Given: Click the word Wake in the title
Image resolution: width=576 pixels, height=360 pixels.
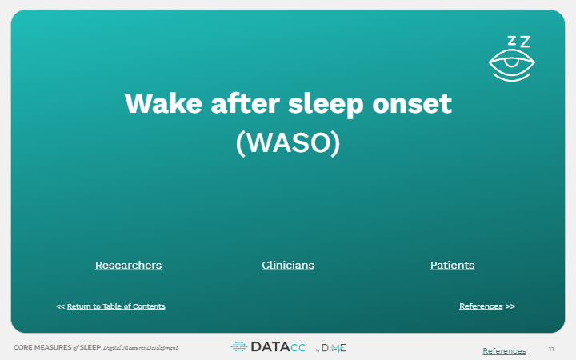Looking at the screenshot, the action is point(163,103).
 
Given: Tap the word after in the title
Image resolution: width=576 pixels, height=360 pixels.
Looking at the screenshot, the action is point(246,103).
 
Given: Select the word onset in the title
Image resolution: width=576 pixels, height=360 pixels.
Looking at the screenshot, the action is point(412,104).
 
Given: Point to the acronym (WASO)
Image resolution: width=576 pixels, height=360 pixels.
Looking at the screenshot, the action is point(288,143).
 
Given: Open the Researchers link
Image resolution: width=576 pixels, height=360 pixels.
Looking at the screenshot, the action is point(128,266).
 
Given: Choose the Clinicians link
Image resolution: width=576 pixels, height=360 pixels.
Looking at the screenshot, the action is point(288,266).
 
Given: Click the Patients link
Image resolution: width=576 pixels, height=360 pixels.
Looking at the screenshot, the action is point(452,266).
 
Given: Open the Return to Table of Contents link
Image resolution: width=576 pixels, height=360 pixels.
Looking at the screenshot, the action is point(116,306).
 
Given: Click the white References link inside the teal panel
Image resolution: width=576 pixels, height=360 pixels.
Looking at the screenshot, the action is point(481,306).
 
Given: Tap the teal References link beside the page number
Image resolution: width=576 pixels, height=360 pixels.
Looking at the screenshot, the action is point(504,351).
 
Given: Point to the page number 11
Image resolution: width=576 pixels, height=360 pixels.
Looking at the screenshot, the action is point(551,350).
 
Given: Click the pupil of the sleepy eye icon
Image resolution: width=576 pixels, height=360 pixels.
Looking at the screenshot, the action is point(511,63).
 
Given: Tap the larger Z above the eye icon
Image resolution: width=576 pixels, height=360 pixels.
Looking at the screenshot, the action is point(526,42).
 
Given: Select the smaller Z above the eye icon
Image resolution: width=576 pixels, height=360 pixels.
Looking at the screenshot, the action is point(512,41).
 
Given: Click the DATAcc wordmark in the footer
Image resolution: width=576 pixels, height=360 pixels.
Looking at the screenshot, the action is point(278,347).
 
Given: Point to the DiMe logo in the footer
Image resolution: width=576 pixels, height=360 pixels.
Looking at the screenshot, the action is point(334,348).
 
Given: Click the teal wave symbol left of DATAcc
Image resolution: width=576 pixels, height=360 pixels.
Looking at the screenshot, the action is point(238,346).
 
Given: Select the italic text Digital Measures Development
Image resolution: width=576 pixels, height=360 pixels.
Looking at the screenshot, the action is point(140,347).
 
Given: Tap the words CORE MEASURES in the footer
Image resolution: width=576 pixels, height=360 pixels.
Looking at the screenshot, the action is point(42,347).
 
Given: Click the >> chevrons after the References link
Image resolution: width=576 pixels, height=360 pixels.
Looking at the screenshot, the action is point(510,306).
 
